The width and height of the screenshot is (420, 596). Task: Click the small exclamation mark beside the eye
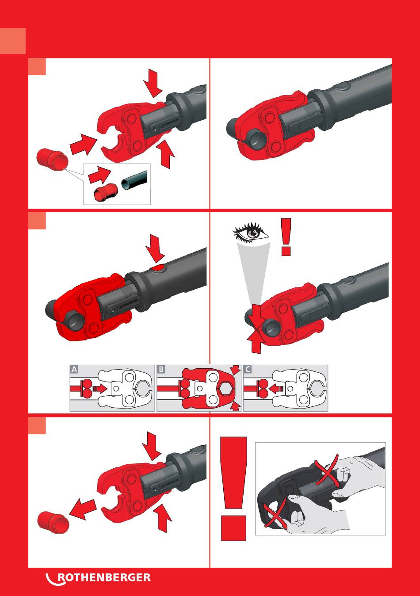pos(286,237)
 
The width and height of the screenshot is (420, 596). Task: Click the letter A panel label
pos(74,369)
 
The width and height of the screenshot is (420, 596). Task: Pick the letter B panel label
pos(161,369)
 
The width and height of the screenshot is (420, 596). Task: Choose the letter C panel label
pos(248,369)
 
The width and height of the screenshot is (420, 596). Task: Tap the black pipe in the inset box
pos(134,180)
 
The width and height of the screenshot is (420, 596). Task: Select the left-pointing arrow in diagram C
pos(276,389)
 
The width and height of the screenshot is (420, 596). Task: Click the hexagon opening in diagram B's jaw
pos(226,389)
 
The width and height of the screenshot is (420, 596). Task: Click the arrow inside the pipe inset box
pos(99,175)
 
